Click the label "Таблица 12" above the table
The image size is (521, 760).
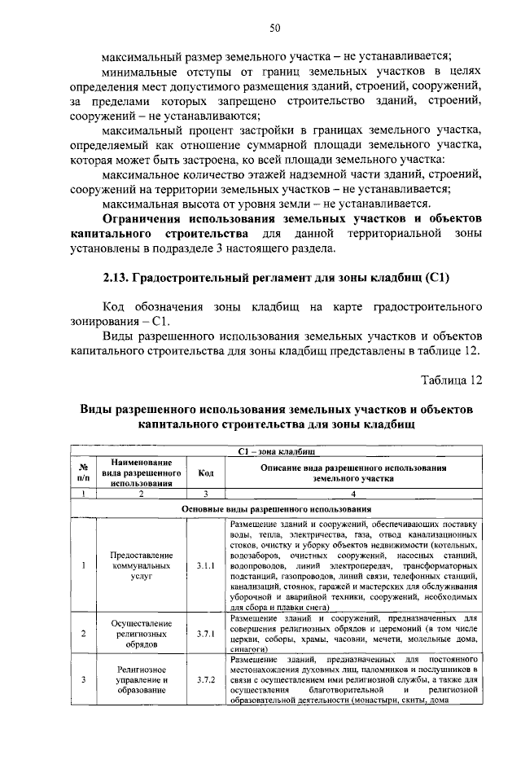coord(452,380)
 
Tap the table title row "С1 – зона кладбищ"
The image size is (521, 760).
coord(276,450)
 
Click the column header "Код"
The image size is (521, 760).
coord(205,472)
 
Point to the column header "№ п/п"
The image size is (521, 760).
coord(83,472)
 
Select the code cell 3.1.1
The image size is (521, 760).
coord(205,564)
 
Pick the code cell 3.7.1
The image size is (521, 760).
coord(205,632)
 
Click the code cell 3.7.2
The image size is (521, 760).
coord(205,679)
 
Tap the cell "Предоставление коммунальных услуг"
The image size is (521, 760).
coord(142,564)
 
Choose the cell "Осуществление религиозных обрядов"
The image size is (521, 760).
coord(142,632)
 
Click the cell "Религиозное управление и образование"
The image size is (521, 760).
coord(142,679)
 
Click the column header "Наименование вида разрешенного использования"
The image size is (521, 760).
coord(142,472)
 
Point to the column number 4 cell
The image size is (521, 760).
coord(352,494)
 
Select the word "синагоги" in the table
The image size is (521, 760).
coord(248,650)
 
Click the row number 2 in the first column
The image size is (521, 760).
coord(83,632)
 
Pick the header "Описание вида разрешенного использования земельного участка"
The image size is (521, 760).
coord(352,473)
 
